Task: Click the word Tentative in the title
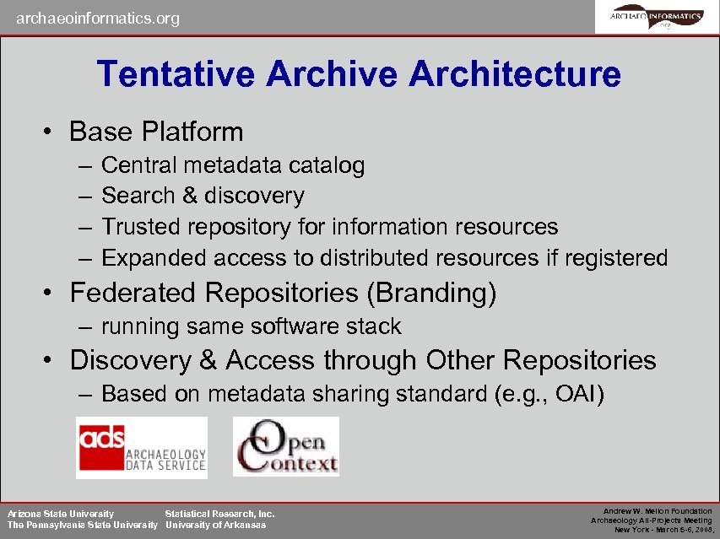176,74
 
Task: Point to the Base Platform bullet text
156,132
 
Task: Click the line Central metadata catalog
233,165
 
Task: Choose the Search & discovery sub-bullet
203,196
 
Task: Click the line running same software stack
252,326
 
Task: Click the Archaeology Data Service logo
142,447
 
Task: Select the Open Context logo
286,446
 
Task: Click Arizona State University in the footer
61,513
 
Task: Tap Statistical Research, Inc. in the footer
219,513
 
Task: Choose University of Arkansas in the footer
215,525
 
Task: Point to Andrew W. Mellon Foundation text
658,511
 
